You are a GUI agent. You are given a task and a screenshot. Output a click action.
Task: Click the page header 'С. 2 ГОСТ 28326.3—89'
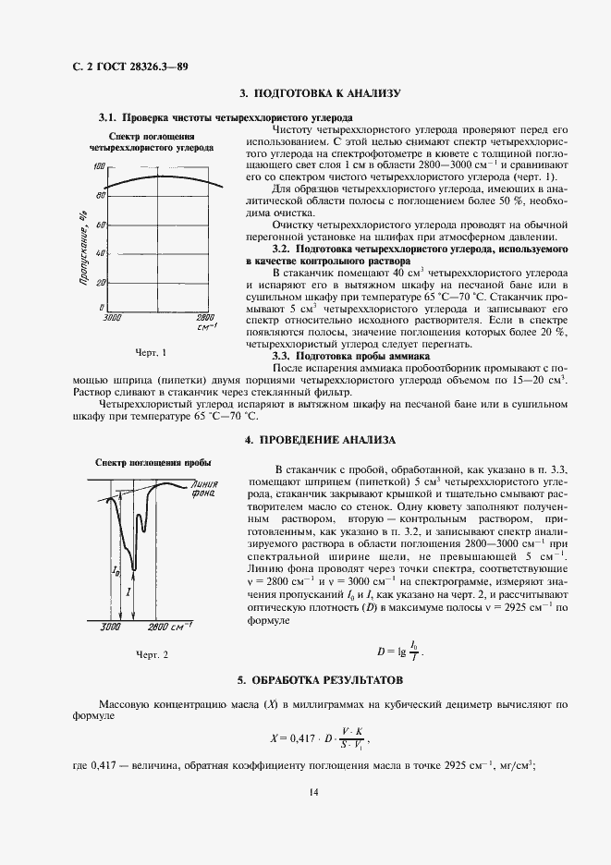point(129,67)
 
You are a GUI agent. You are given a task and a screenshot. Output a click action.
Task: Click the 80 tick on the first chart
point(99,196)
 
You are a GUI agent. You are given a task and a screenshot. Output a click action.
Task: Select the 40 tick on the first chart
point(99,253)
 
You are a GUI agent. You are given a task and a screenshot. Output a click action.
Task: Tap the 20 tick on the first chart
point(99,282)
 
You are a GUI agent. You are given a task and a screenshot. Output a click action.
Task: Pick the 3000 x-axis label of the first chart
point(112,317)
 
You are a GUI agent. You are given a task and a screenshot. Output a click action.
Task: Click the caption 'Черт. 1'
point(151,353)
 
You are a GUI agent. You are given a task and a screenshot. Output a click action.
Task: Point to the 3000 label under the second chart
point(112,627)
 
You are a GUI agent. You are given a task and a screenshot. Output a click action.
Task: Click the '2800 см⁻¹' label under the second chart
point(174,627)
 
